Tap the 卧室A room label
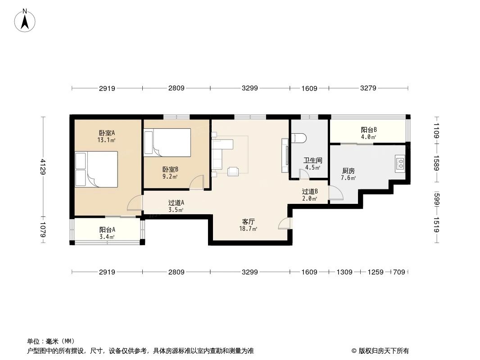[x=107, y=133]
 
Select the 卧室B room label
[x=170, y=170]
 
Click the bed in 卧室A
[x=97, y=169]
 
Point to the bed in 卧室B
[x=168, y=142]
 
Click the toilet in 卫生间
[x=299, y=138]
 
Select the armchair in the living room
[x=233, y=171]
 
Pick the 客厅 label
[x=249, y=222]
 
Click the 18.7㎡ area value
[x=249, y=229]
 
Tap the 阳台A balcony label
[x=107, y=229]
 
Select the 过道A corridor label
[x=176, y=203]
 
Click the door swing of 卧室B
[x=196, y=182]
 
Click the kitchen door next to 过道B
[x=335, y=193]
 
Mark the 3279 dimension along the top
[x=368, y=88]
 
